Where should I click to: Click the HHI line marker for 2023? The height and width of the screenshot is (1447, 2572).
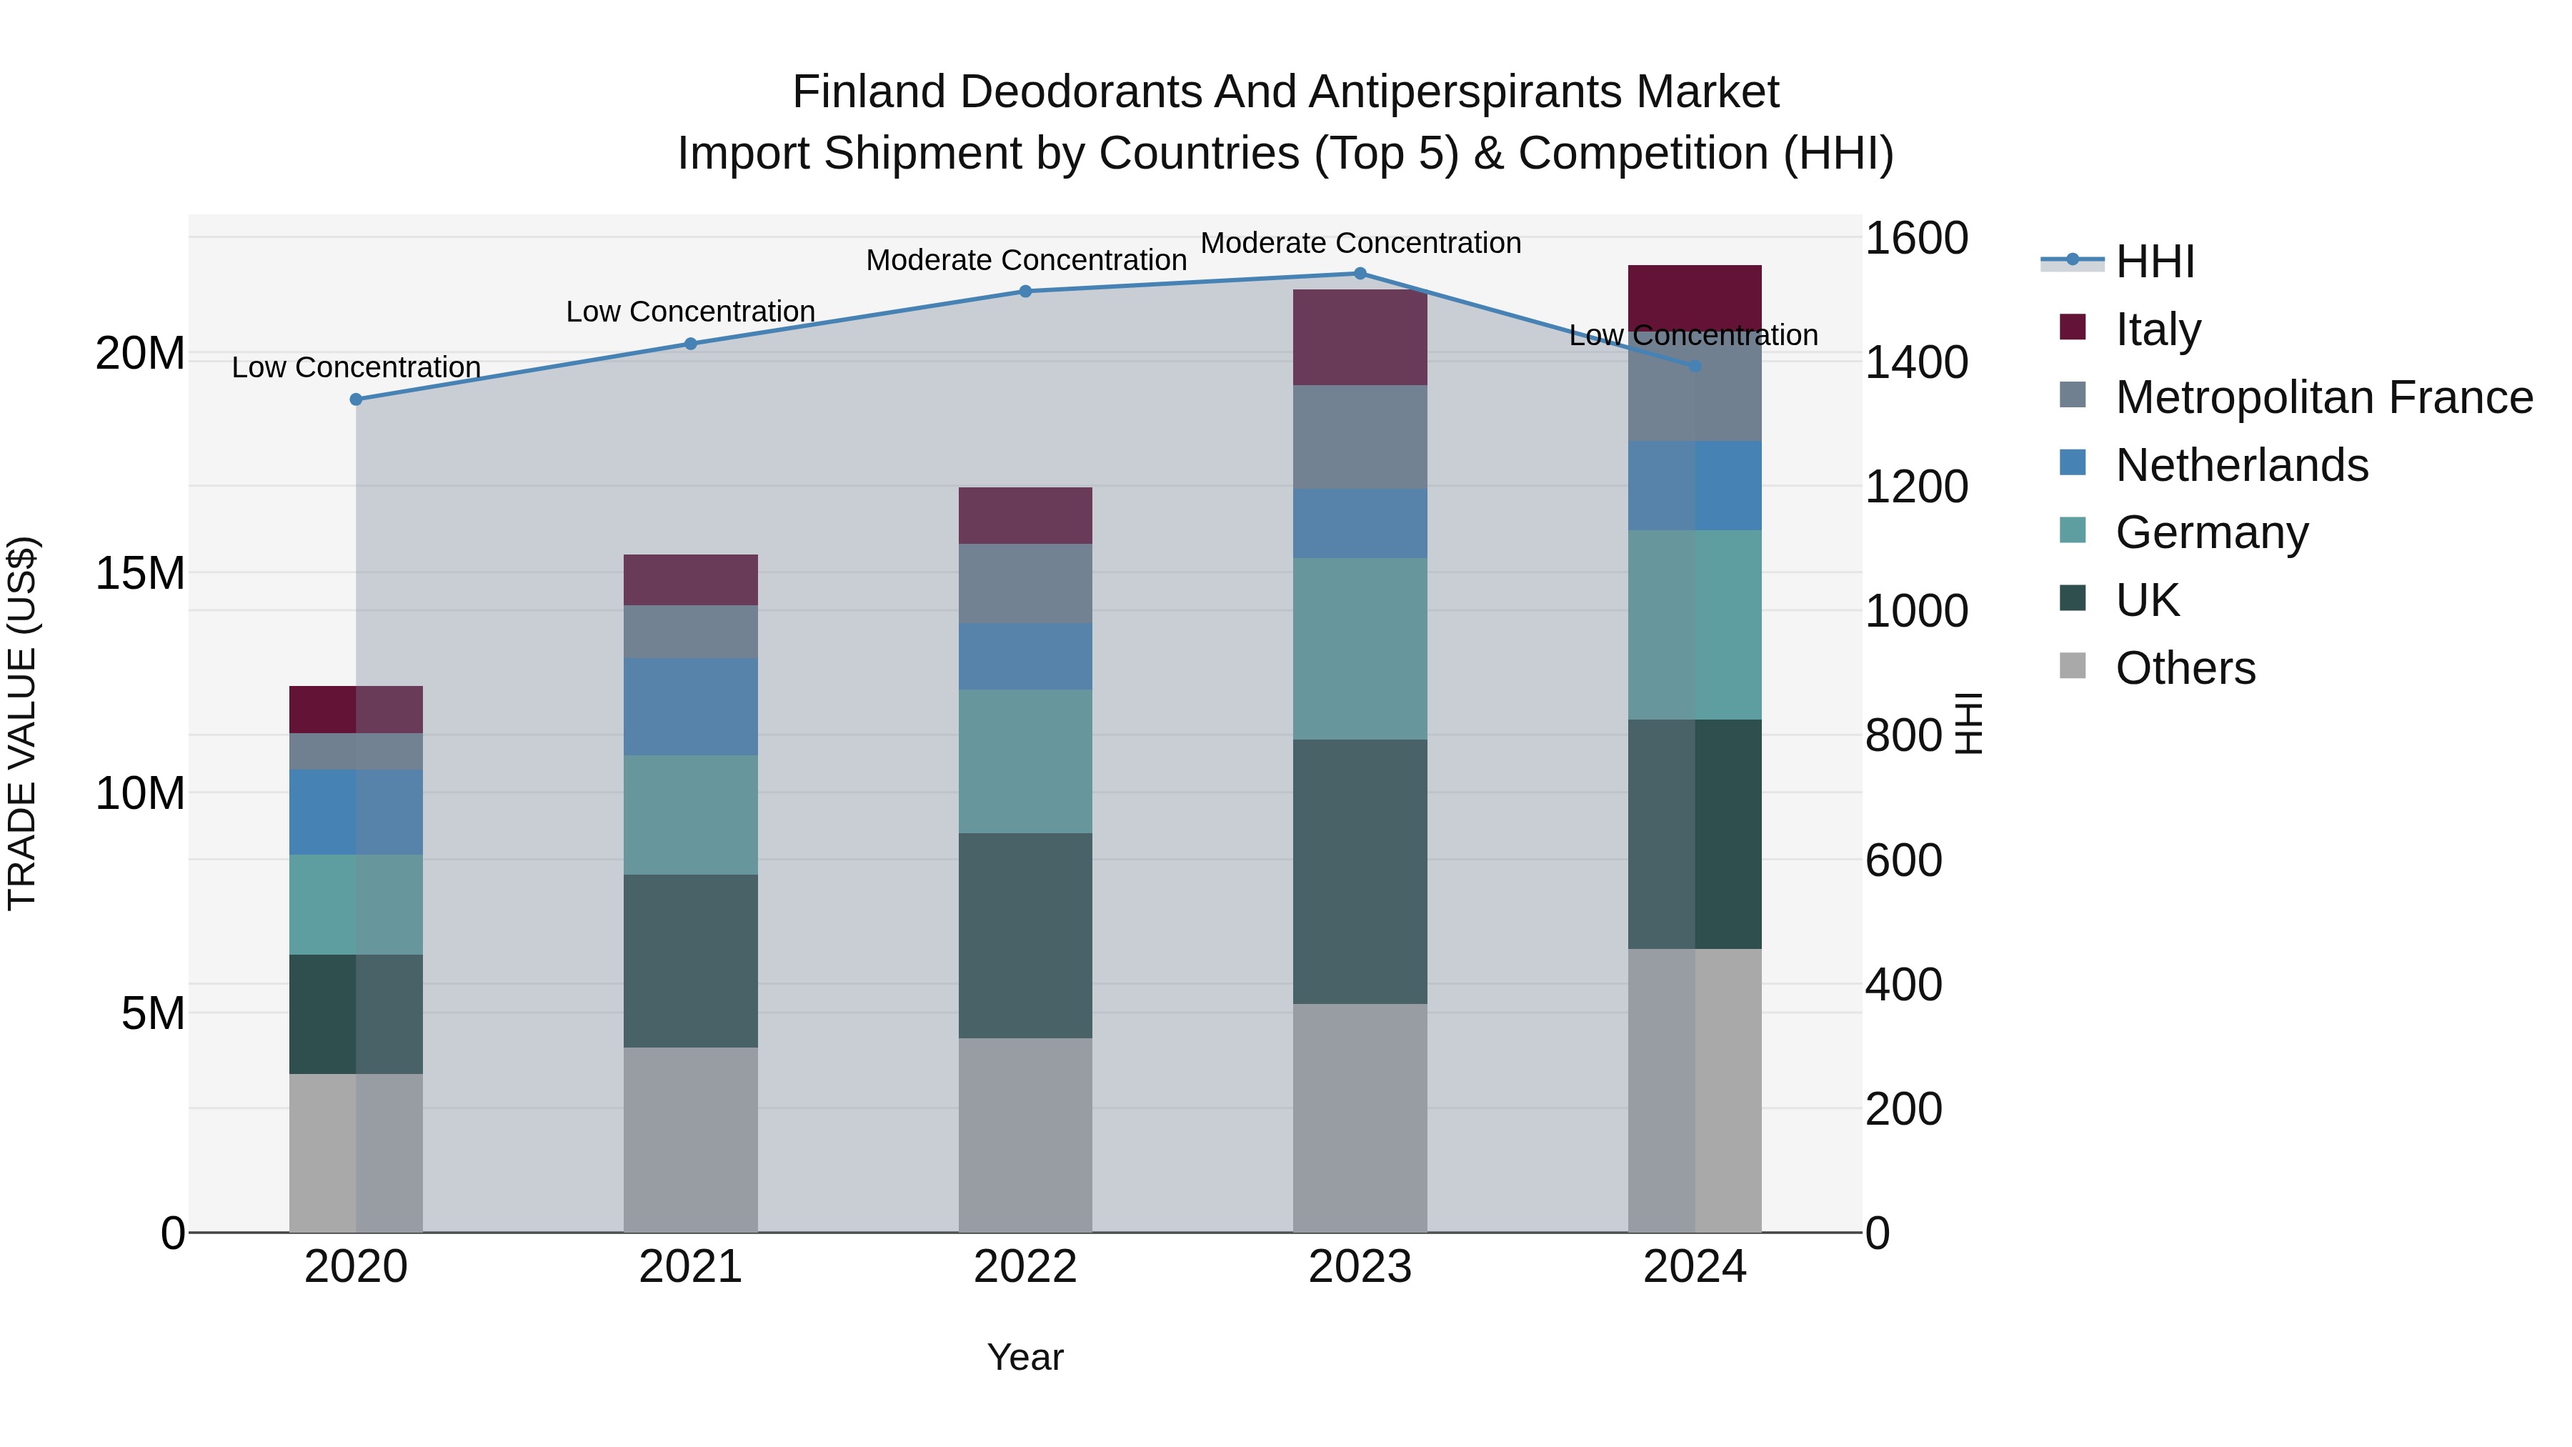pos(1360,274)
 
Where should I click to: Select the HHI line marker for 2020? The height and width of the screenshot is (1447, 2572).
pos(357,399)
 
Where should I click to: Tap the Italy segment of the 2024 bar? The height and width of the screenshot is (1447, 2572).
pos(1695,297)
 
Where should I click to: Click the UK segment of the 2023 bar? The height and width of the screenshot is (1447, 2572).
pos(1360,871)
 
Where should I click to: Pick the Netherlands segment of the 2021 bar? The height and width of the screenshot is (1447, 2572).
pos(691,706)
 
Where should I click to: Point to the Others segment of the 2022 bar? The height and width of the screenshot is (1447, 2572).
pos(1025,1135)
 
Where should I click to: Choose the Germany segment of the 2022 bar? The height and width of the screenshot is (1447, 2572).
pos(1025,761)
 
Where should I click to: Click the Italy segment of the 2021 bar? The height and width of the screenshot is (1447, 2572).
pos(691,580)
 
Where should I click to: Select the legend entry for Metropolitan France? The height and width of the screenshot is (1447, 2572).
pos(2323,397)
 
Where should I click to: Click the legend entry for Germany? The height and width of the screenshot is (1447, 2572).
pos(2211,532)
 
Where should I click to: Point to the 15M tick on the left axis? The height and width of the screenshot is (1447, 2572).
pos(140,573)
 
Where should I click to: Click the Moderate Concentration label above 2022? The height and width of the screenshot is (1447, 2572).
pos(1025,261)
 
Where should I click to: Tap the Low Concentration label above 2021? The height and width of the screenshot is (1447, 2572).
pos(691,312)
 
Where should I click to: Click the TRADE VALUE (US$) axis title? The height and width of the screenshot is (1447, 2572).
pos(22,723)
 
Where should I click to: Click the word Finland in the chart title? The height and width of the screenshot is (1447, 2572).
pos(869,92)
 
